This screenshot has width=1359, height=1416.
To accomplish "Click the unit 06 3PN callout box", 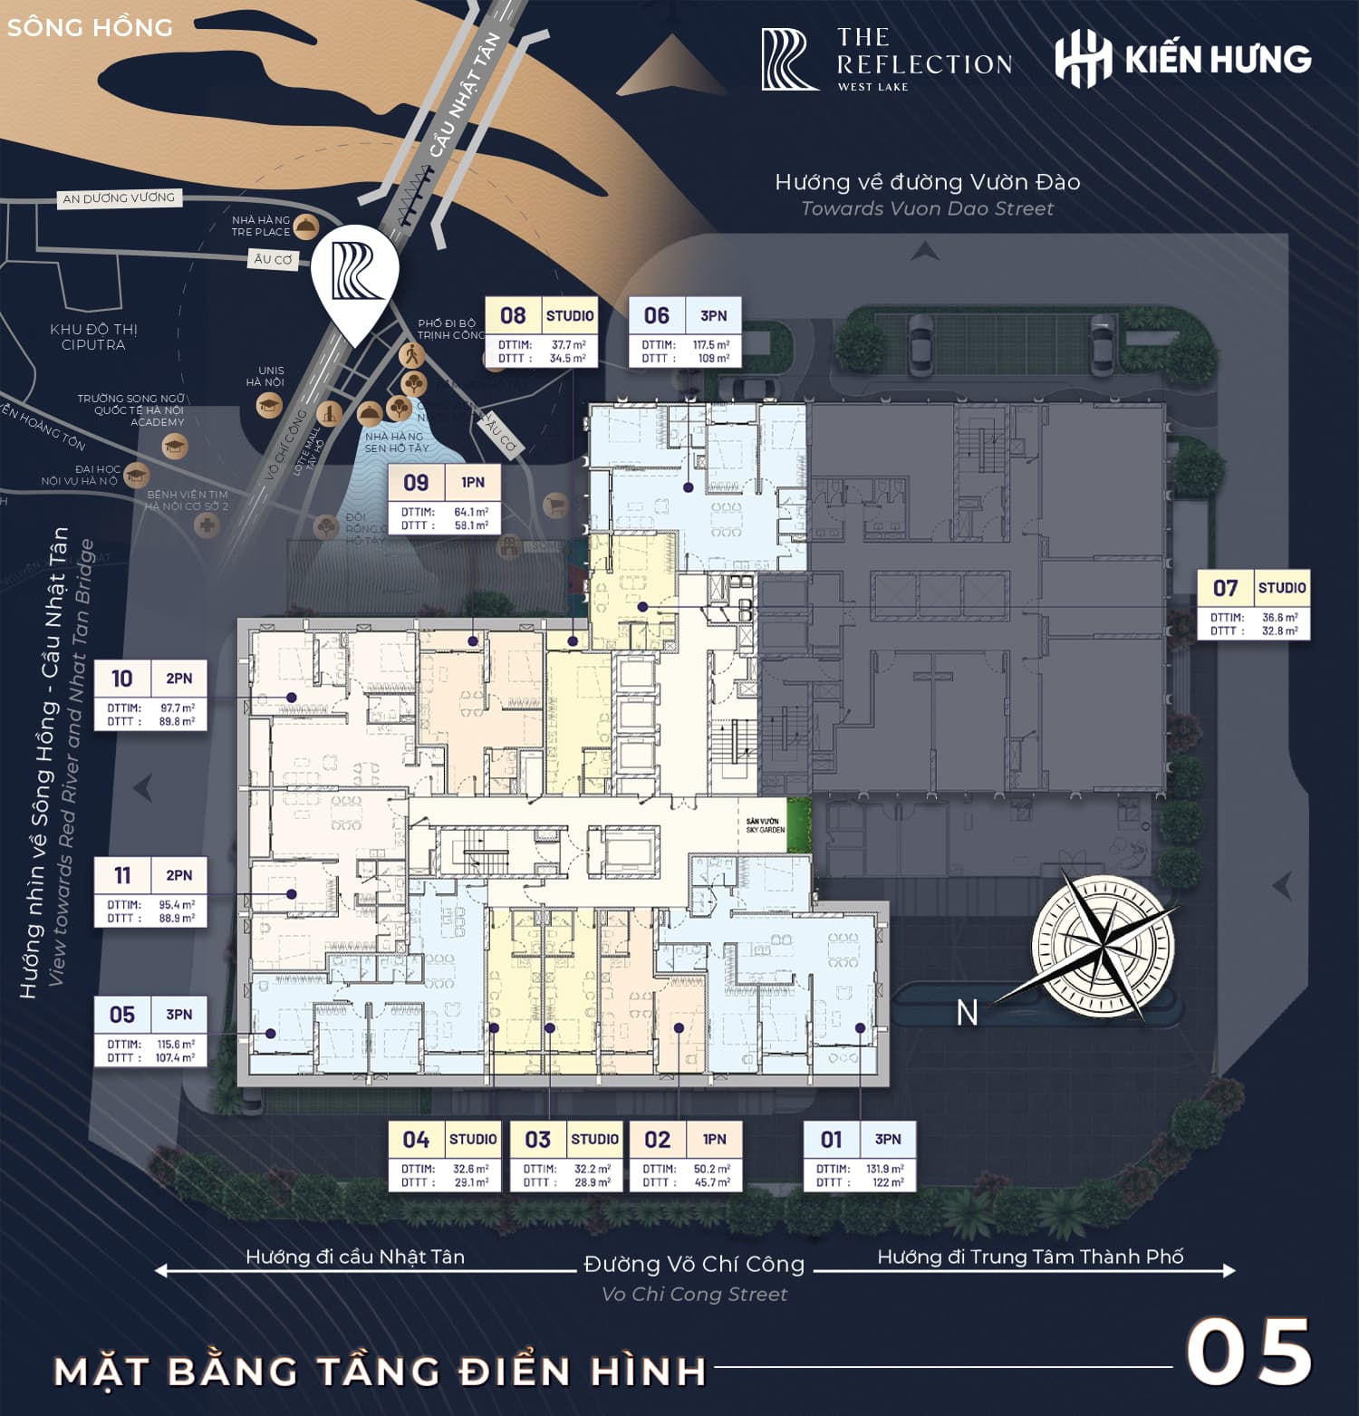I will [685, 332].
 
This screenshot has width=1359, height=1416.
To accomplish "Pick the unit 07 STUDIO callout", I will [1254, 604].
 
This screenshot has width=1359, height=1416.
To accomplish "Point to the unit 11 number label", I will [122, 875].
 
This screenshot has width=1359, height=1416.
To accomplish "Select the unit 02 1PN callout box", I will [686, 1155].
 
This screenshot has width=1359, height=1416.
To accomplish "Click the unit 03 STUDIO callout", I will [566, 1155].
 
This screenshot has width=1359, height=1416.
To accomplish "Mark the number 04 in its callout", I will [416, 1140].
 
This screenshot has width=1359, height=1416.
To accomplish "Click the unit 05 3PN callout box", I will [150, 1031].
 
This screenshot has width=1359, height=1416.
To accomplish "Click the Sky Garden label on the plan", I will [765, 825].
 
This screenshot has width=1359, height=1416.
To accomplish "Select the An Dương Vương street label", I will [118, 197].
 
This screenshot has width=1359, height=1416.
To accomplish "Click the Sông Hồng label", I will [90, 27].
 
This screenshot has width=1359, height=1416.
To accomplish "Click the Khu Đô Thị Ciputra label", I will [94, 337].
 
